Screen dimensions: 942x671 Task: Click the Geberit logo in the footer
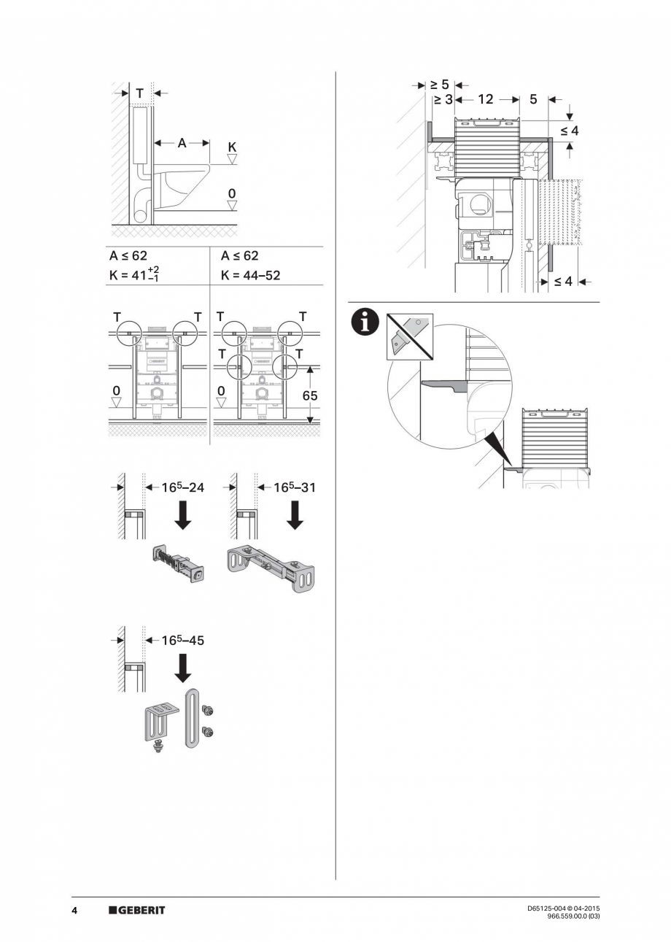(x=136, y=910)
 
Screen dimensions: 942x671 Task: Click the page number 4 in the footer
(x=74, y=910)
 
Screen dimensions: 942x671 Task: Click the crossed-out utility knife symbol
(x=410, y=335)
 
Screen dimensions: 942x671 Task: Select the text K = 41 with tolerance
(x=134, y=275)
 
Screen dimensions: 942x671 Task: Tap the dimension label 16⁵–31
(x=295, y=487)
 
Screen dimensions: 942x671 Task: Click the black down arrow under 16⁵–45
(x=183, y=668)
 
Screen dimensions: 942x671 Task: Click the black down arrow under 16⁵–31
(x=295, y=515)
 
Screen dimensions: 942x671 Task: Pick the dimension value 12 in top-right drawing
(x=486, y=99)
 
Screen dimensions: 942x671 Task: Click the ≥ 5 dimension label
(x=440, y=84)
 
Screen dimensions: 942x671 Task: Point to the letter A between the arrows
(x=182, y=144)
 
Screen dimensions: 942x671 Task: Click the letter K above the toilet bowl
(x=232, y=147)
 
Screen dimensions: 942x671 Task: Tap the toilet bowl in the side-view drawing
(x=182, y=181)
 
